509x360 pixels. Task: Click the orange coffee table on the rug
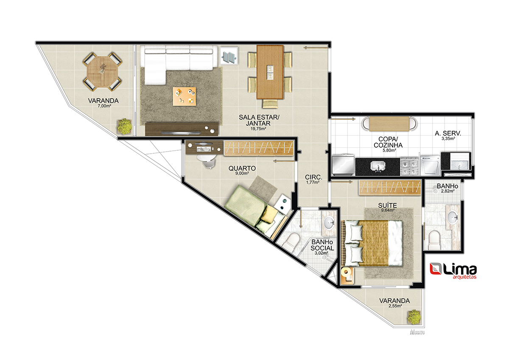point(184,96)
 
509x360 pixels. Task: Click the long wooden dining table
point(270,72)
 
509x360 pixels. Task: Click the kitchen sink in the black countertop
point(378,166)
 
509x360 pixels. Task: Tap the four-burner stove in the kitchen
point(409,166)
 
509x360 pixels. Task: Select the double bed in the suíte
point(372,243)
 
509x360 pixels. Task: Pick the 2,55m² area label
point(395,306)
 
